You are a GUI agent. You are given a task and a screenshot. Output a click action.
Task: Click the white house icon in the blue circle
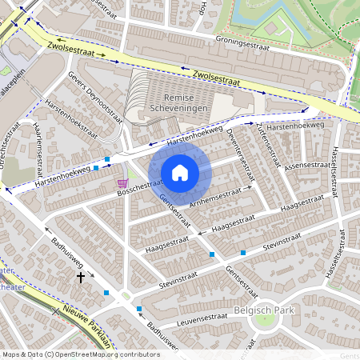point(180,173)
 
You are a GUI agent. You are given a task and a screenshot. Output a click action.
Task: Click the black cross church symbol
point(80,277)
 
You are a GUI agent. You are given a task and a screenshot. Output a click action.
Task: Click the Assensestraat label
point(307,166)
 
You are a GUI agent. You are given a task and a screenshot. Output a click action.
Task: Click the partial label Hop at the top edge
point(203,8)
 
